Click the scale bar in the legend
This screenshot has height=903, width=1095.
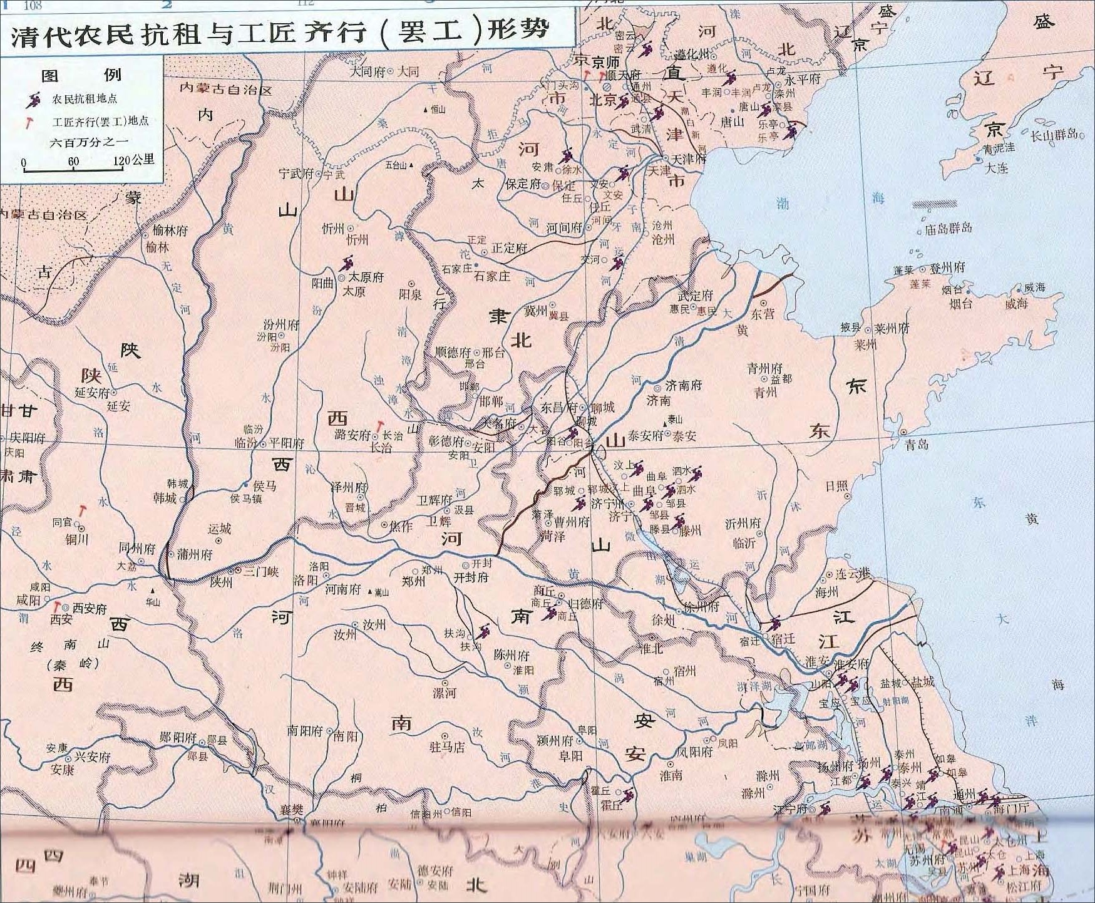pyautogui.click(x=73, y=168)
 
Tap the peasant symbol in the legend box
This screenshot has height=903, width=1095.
pyautogui.click(x=33, y=99)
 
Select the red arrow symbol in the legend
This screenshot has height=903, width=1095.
pyautogui.click(x=29, y=122)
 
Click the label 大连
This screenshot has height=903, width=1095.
pyautogui.click(x=997, y=168)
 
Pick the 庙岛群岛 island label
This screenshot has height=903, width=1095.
pyautogui.click(x=948, y=229)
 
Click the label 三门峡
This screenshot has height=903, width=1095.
pyautogui.click(x=260, y=572)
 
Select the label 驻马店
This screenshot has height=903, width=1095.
pyautogui.click(x=446, y=746)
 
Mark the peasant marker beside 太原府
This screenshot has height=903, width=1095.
pyautogui.click(x=346, y=262)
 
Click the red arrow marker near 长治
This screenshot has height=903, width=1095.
pyautogui.click(x=379, y=426)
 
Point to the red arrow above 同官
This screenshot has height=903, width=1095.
pyautogui.click(x=81, y=510)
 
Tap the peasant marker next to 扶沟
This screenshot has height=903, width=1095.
pyautogui.click(x=483, y=631)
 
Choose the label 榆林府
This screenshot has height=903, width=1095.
pyautogui.click(x=170, y=230)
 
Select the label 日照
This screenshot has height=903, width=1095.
pyautogui.click(x=836, y=486)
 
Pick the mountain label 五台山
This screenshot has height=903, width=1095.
pyautogui.click(x=396, y=165)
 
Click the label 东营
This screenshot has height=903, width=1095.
pyautogui.click(x=763, y=314)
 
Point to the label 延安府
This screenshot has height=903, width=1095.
pyautogui.click(x=92, y=393)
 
